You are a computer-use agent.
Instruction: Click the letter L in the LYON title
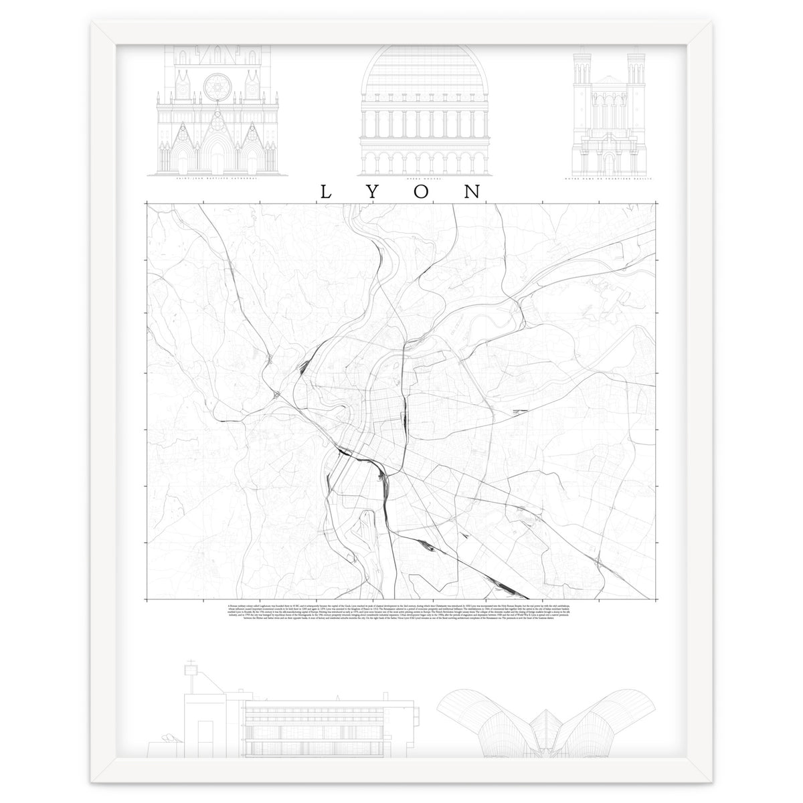pyautogui.click(x=326, y=191)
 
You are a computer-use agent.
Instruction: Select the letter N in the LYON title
pyautogui.click(x=472, y=191)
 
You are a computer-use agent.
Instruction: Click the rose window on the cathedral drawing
pyautogui.click(x=215, y=85)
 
